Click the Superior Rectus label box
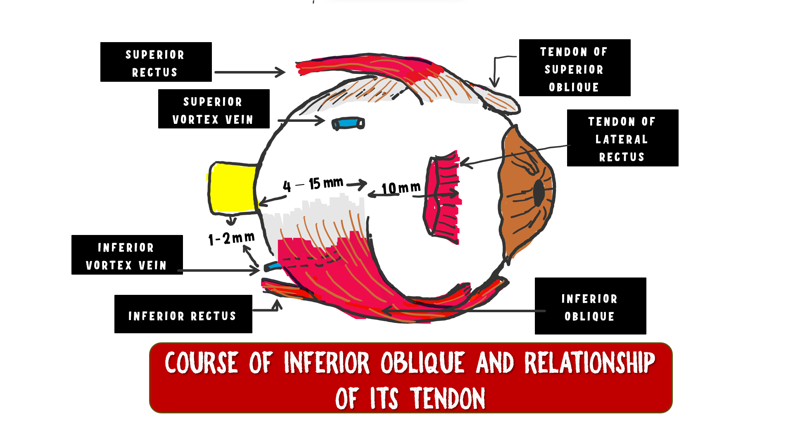pos(156,62)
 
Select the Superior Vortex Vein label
pos(214,109)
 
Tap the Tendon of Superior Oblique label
pos(575,68)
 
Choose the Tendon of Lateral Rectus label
pos(622,138)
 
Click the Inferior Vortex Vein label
pos(127,255)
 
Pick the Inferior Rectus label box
pos(183,314)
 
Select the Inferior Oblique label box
pos(590,306)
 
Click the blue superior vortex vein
pos(348,123)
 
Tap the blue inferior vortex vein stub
pos(272,266)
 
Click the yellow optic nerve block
pos(233,188)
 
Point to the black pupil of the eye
pos(539,192)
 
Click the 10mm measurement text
pos(401,188)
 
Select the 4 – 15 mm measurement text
pos(313,184)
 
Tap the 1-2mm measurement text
pos(231,238)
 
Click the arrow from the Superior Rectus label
pos(249,72)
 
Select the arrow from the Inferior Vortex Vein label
pos(221,270)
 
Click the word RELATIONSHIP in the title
pos(589,363)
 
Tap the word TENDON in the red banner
pos(448,399)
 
